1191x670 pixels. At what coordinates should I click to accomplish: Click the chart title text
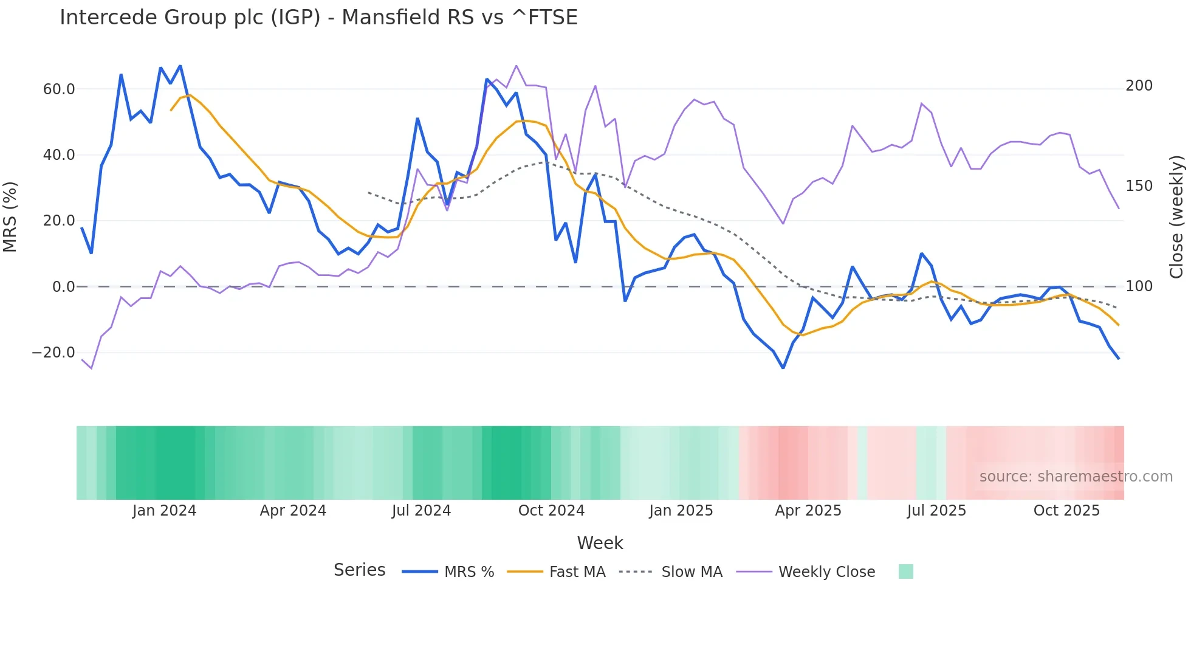pos(318,18)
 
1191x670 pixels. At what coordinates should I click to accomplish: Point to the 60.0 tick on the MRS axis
pos(59,89)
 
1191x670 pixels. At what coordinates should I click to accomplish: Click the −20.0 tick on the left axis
pos(53,353)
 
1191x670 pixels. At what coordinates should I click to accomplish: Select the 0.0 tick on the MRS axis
pos(63,287)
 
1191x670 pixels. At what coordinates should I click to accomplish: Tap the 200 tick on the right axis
pos(1139,86)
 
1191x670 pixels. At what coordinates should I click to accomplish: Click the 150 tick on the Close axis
pos(1139,186)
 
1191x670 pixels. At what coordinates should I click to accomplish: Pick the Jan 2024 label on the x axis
pos(164,511)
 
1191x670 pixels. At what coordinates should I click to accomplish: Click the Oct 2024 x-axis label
pos(551,511)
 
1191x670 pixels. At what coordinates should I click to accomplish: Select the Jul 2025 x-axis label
pos(936,511)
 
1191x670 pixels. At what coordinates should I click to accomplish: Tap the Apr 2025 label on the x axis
pos(808,511)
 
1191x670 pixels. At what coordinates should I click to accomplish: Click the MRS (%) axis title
pos(10,217)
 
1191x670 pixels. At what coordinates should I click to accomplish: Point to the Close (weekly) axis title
pos(1176,217)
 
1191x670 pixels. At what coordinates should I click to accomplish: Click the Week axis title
pos(600,543)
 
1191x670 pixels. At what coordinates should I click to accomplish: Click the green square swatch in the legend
pos(905,572)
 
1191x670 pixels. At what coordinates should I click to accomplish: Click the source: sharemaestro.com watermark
pos(1076,477)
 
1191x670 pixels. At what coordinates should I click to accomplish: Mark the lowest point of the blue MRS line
pos(783,368)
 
